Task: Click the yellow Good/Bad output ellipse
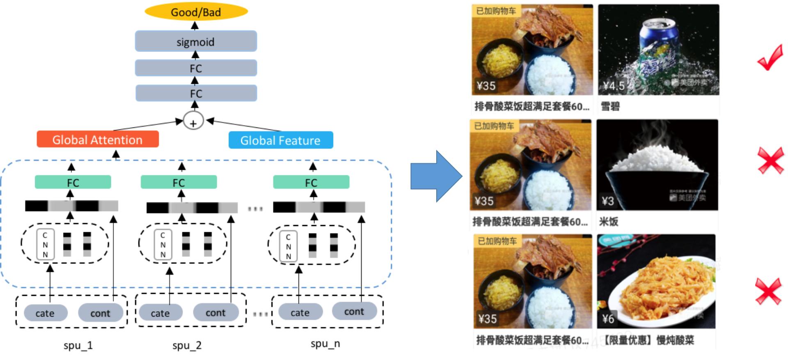(196, 12)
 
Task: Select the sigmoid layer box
(196, 41)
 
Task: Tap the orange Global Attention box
(98, 140)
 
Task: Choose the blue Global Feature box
(281, 140)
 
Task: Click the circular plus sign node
(193, 122)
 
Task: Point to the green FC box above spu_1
(73, 182)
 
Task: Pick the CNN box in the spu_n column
(288, 247)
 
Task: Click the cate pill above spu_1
(45, 313)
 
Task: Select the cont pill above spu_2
(215, 313)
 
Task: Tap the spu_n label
(325, 344)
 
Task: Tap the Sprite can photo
(658, 49)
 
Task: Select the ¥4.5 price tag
(614, 86)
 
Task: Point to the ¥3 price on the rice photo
(608, 201)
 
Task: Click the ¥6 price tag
(608, 319)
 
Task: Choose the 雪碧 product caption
(610, 107)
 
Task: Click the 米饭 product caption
(609, 222)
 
